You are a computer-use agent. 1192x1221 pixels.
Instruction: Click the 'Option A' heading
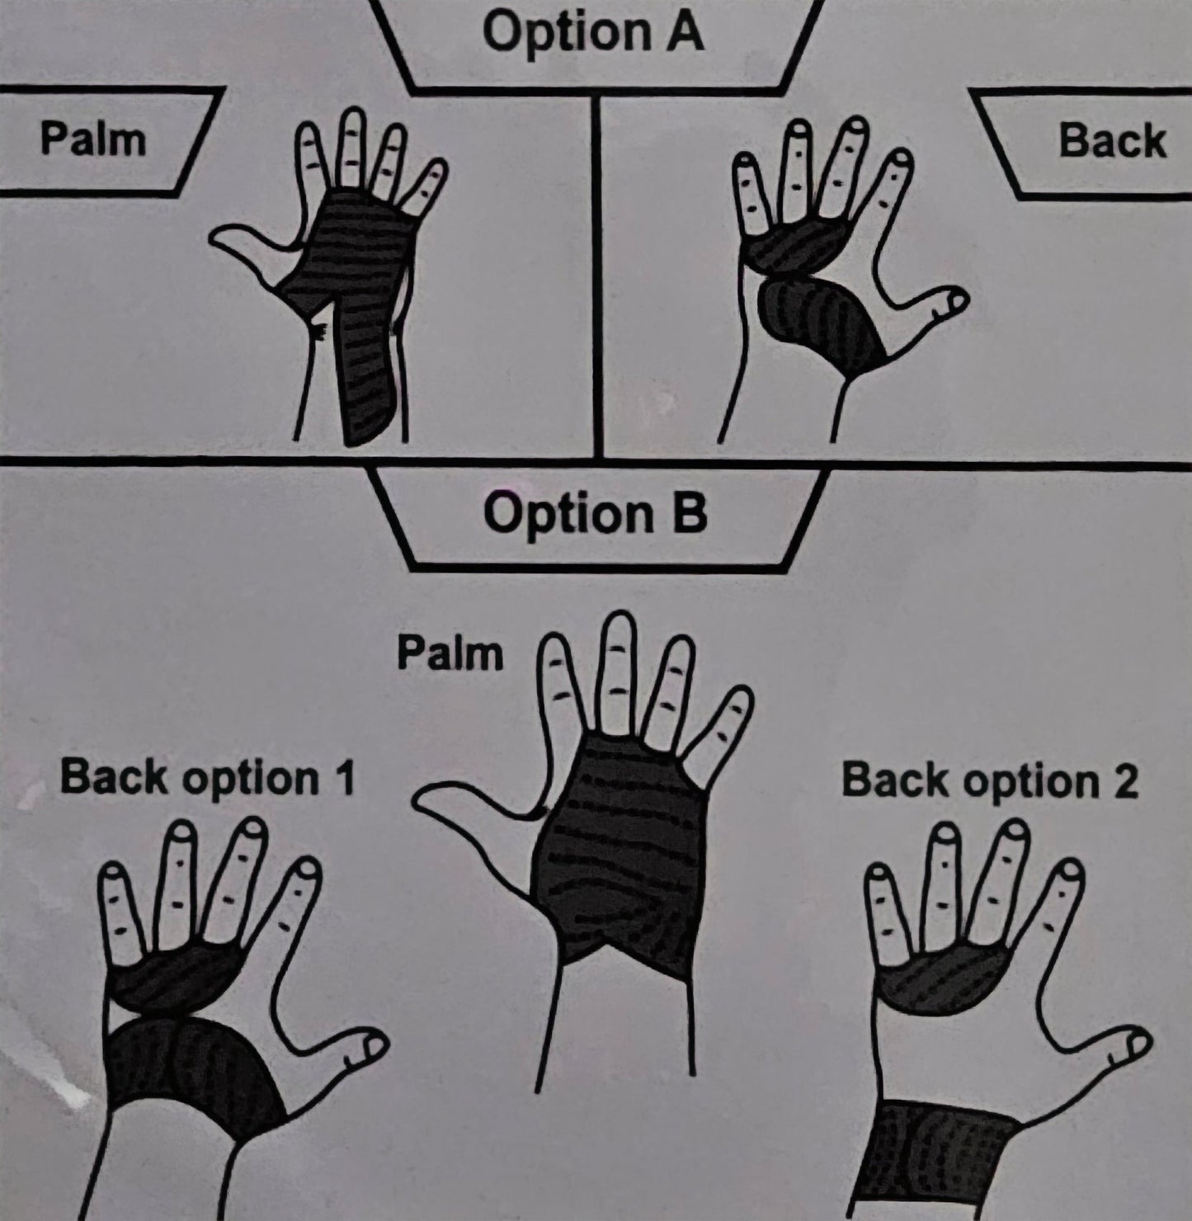(x=593, y=33)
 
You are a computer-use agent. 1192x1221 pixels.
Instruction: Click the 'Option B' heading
(x=595, y=514)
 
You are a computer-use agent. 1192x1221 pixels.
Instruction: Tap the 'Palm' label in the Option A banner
(x=93, y=140)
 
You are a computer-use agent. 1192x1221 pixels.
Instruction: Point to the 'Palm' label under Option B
(x=450, y=653)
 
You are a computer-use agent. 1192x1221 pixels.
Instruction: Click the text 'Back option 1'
(x=207, y=779)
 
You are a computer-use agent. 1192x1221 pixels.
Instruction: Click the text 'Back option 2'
(x=989, y=780)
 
